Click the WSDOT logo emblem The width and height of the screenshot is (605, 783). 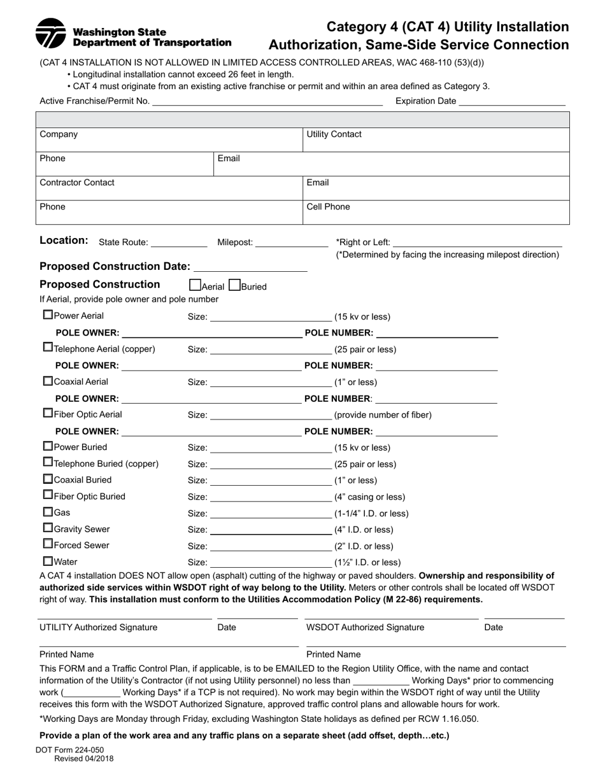(x=50, y=34)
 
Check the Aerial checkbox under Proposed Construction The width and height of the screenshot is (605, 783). (x=196, y=285)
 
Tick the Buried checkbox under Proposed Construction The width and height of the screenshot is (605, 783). (x=234, y=285)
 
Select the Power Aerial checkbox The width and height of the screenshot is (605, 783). (x=48, y=314)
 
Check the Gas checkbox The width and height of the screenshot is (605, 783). (x=48, y=511)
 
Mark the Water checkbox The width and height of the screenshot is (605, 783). (x=48, y=561)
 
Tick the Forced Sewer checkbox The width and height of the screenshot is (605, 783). (x=48, y=544)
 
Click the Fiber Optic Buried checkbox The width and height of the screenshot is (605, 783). (x=48, y=495)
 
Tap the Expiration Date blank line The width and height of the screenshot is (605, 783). (x=512, y=101)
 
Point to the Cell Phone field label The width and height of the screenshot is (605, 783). (x=328, y=207)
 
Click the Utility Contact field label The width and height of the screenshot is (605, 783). (x=334, y=134)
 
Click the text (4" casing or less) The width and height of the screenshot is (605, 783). (x=369, y=497)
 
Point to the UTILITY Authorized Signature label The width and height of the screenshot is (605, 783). (x=98, y=627)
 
